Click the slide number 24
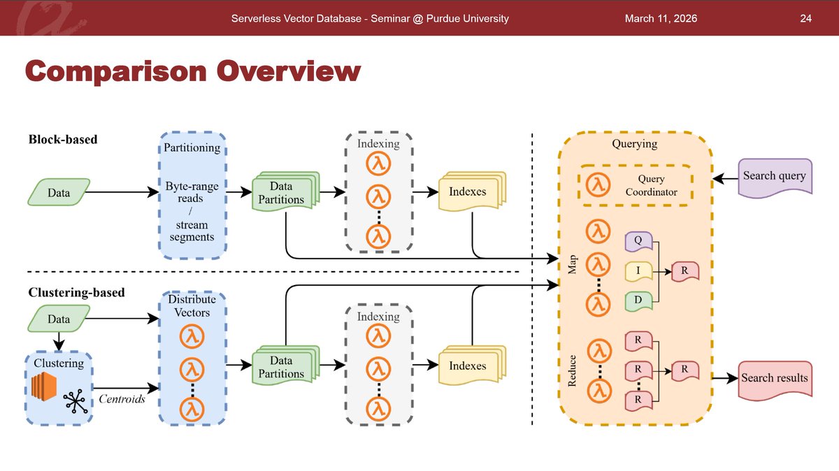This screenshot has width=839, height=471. [805, 18]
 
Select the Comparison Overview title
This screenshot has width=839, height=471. [193, 71]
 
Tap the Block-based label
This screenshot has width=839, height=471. [63, 139]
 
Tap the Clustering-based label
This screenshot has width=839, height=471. [76, 292]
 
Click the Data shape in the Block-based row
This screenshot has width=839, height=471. [59, 192]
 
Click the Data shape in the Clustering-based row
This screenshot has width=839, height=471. [59, 319]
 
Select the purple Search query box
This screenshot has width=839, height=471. [775, 177]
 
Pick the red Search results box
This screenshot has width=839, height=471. [775, 378]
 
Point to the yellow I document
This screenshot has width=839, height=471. [638, 270]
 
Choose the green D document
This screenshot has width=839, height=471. [638, 300]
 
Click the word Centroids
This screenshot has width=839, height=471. [122, 399]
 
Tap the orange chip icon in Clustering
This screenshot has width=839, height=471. [44, 387]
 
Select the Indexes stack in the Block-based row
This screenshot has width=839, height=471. [467, 191]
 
